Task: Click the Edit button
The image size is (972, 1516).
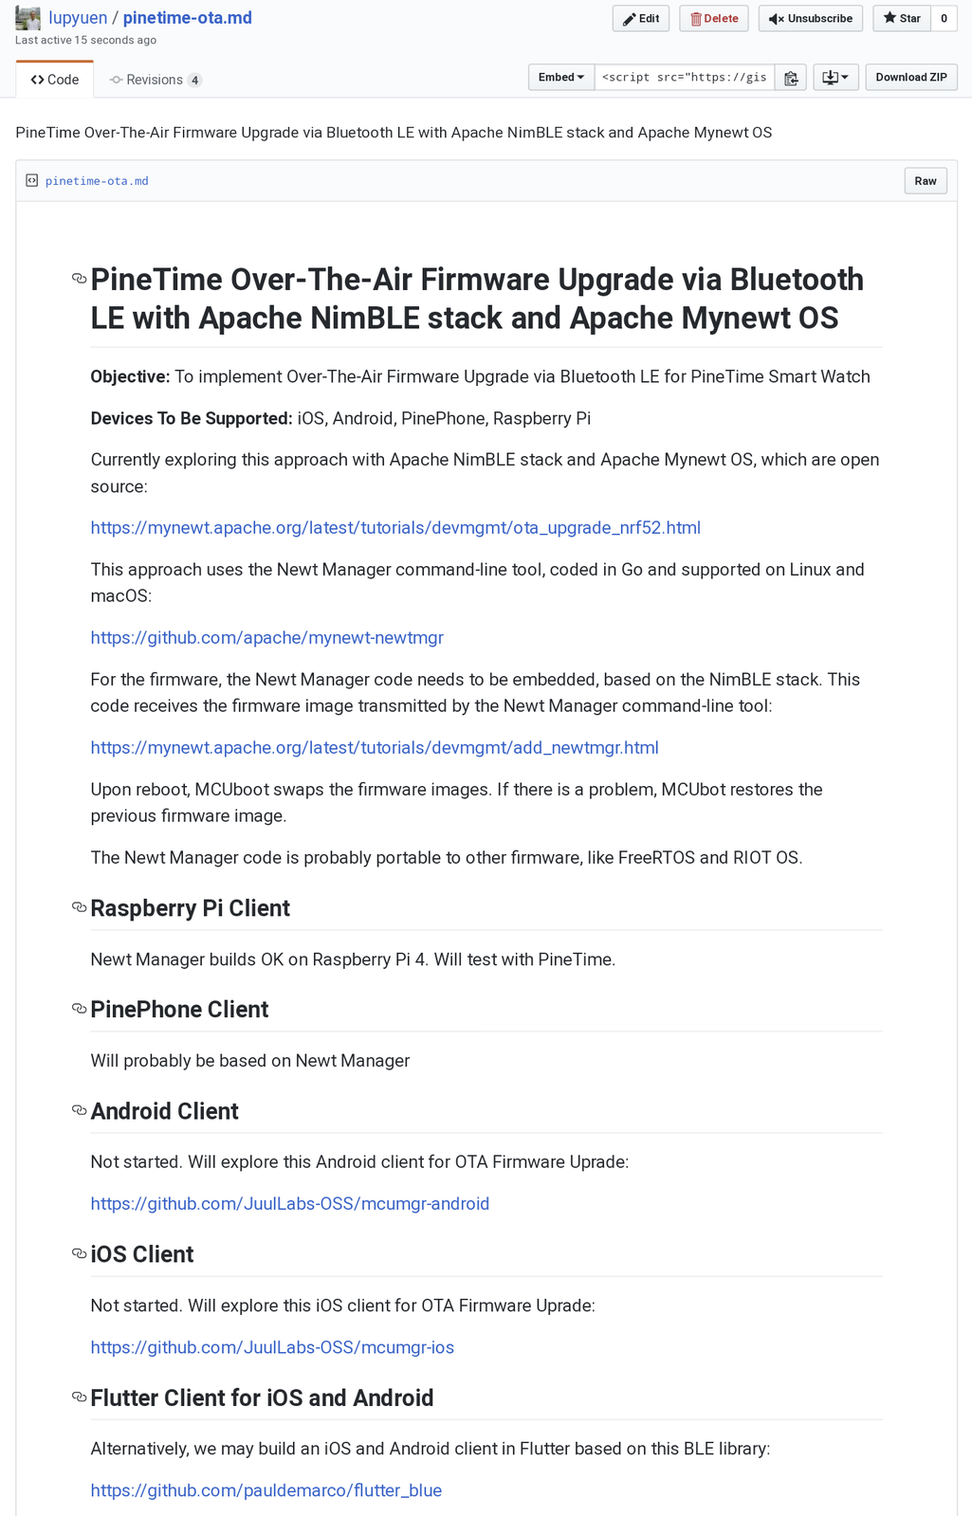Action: point(641,19)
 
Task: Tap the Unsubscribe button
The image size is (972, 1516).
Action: point(810,19)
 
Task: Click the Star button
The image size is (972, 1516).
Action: point(901,19)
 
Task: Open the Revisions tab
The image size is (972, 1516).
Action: point(155,80)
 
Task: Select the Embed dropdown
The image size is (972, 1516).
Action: point(561,78)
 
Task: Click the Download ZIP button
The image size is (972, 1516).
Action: point(910,78)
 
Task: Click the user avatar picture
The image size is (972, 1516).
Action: point(28,18)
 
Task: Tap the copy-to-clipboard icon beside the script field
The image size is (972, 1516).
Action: point(791,78)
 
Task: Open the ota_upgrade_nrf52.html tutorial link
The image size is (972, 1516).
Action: point(395,528)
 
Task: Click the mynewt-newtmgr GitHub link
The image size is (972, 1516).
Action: point(266,638)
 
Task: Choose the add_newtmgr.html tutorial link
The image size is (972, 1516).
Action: point(375,748)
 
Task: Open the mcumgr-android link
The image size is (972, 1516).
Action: point(290,1204)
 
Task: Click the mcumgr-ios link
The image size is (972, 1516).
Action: point(272,1348)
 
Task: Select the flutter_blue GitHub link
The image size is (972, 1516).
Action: point(266,1491)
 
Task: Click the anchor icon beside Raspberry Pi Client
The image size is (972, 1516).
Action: point(80,908)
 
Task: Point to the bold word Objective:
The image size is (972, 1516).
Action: point(130,377)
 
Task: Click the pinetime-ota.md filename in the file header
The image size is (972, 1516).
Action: point(97,181)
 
